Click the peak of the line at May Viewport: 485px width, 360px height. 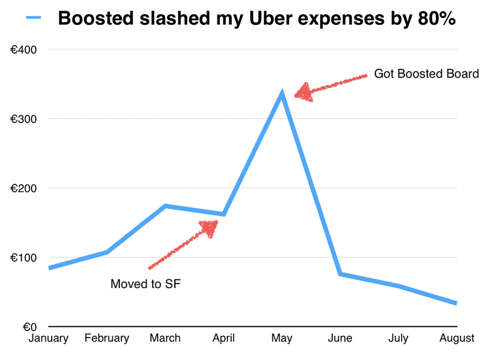pos(282,94)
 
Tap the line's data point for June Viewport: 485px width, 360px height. pos(340,274)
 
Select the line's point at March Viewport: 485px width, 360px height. pos(165,206)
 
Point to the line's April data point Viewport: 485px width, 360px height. pos(223,214)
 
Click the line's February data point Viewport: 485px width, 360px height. pos(107,252)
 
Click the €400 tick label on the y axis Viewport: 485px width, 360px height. pos(24,50)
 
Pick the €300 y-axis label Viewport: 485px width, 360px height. pos(24,119)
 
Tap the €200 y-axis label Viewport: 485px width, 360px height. pos(24,188)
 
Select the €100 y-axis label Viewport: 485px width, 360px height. pos(24,257)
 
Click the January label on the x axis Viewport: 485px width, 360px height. pos(48,339)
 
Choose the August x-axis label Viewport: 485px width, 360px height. pos(457,339)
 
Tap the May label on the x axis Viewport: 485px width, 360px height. pos(282,339)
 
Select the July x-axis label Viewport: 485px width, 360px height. pos(398,339)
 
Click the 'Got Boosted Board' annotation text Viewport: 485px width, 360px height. pos(426,74)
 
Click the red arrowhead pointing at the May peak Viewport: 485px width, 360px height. pos(304,92)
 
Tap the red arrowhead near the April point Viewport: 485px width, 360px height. pos(209,227)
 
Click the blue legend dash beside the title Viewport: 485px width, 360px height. pos(33,18)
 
